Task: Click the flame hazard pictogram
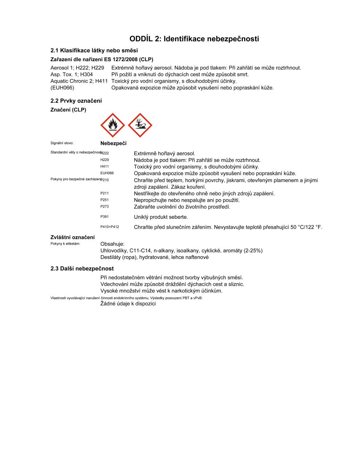point(112,125)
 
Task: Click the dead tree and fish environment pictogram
point(140,125)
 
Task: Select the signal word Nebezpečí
point(113,143)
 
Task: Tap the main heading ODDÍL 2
point(194,39)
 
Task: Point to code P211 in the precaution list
point(104,193)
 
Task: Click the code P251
point(104,200)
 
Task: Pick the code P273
point(104,206)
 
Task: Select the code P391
point(104,217)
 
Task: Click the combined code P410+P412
point(110,227)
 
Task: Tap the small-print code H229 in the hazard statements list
point(104,160)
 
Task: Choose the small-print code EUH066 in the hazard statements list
point(107,173)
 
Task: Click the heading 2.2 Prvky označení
point(76,101)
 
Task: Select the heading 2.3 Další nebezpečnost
point(82,269)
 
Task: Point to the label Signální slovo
point(62,143)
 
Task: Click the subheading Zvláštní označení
point(72,237)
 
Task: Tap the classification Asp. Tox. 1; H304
point(72,74)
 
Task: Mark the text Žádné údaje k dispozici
point(128,304)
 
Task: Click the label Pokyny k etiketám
point(65,244)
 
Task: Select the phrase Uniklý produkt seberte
point(161,217)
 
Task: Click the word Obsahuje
point(112,244)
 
